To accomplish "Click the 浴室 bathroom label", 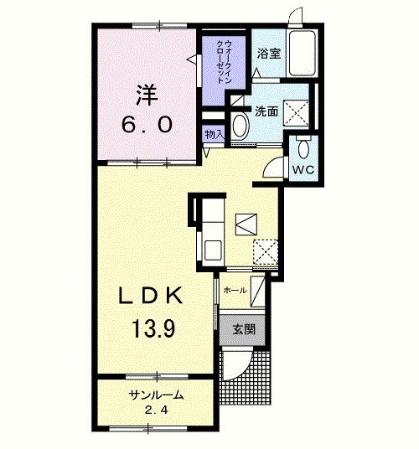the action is point(269,54).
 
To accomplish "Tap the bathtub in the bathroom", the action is point(302,53).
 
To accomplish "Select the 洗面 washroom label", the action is point(266,111).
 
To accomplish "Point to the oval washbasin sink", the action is point(241,126).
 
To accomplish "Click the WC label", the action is point(303,170).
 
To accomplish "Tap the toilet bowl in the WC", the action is point(303,148).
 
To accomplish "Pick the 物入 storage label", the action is point(215,134).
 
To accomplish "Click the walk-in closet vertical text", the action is point(224,61).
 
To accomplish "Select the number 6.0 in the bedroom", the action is point(147,125).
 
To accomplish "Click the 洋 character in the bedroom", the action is point(147,95).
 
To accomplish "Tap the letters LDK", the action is point(151,295).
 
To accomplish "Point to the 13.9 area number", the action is point(153,328).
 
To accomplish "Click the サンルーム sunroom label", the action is point(156,395).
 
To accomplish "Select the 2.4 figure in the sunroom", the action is point(156,410).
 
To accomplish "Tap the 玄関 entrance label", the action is point(243,329).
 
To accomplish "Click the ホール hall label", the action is point(235,291).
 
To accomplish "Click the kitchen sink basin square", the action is point(212,250).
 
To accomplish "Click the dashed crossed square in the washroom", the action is point(296,113).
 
